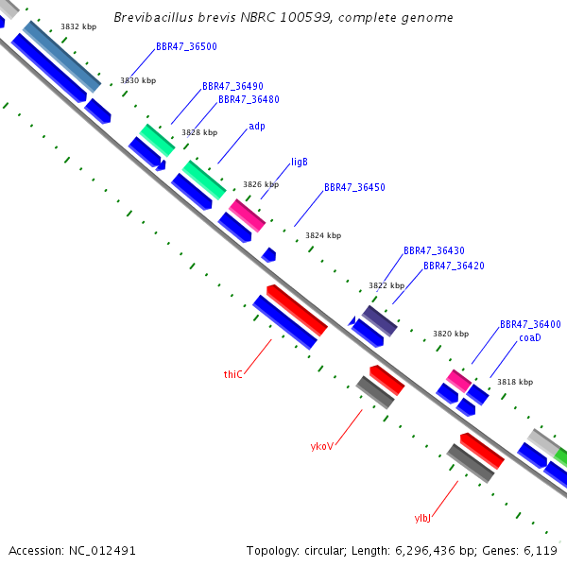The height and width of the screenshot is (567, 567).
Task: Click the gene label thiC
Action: pyautogui.click(x=232, y=374)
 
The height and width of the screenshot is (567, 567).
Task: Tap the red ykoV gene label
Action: pyautogui.click(x=322, y=446)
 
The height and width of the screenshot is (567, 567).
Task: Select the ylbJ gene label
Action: pyautogui.click(x=422, y=518)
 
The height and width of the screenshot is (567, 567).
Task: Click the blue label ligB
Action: pyautogui.click(x=300, y=162)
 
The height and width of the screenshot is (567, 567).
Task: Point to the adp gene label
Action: pyautogui.click(x=257, y=127)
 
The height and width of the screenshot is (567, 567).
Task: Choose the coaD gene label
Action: pyautogui.click(x=530, y=337)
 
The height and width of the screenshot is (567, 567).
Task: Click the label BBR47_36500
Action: pyautogui.click(x=186, y=46)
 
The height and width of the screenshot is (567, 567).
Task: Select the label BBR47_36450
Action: pyautogui.click(x=354, y=187)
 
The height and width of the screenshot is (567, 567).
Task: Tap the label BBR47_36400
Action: pyautogui.click(x=530, y=324)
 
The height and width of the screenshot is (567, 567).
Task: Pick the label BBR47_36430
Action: pyautogui.click(x=434, y=250)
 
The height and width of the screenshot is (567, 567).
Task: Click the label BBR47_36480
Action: pyautogui.click(x=249, y=99)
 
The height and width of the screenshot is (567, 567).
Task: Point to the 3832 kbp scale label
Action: pyautogui.click(x=78, y=26)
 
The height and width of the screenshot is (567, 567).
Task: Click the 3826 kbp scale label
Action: pyautogui.click(x=261, y=184)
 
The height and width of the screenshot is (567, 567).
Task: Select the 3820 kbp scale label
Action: pyautogui.click(x=451, y=334)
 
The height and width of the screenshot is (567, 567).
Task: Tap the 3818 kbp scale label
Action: pyautogui.click(x=515, y=382)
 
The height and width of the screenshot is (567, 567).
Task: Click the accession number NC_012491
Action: pyautogui.click(x=102, y=551)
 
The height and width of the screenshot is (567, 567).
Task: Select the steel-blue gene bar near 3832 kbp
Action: pyautogui.click(x=61, y=57)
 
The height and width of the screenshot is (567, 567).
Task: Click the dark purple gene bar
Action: pyautogui.click(x=379, y=321)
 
